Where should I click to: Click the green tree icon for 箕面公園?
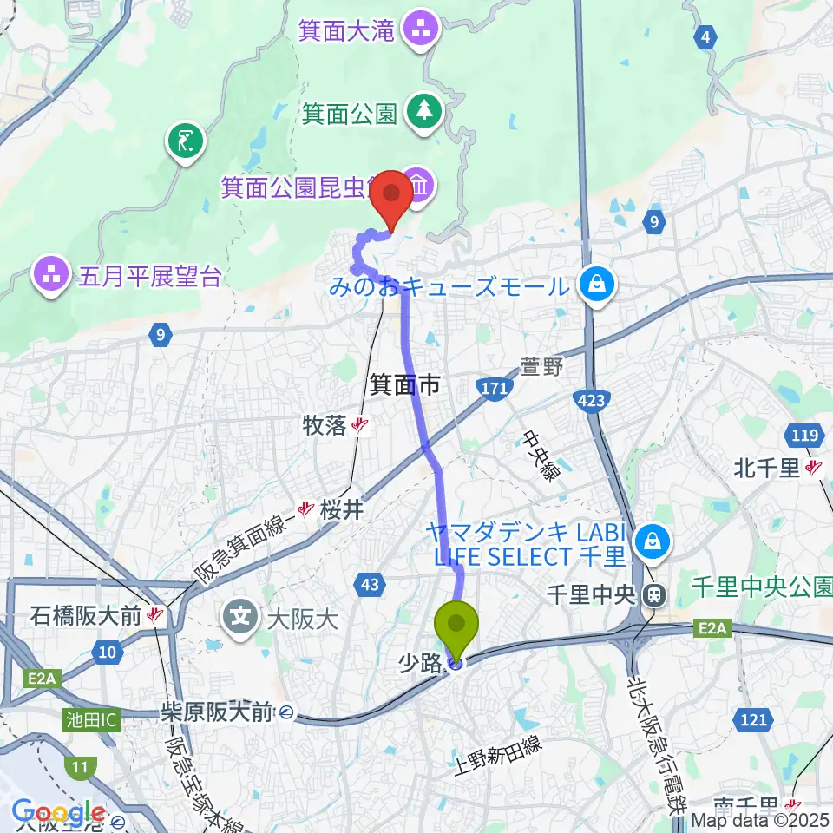tap(424, 112)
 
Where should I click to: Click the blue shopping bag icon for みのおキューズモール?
tap(598, 285)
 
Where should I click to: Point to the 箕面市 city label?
tap(405, 384)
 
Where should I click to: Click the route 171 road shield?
tap(495, 388)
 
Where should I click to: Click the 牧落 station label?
tap(325, 425)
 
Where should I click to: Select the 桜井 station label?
tap(340, 510)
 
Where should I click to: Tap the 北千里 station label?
tap(766, 469)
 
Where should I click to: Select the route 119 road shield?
tap(803, 435)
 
